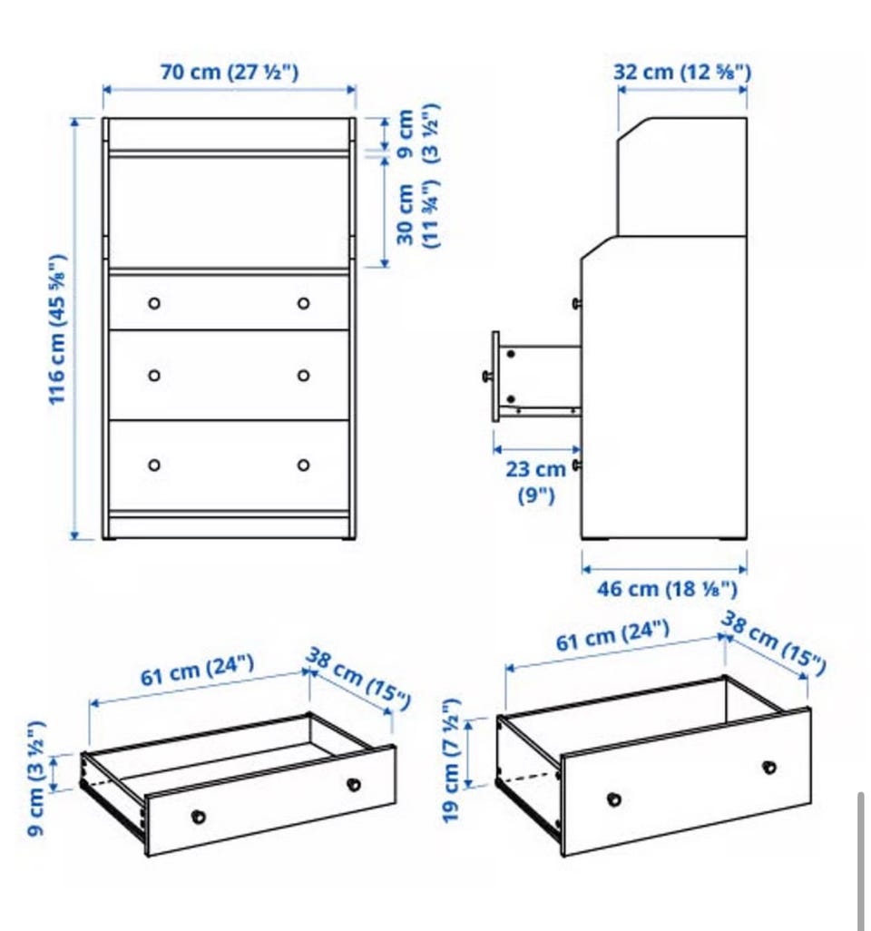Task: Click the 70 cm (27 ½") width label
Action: [230, 72]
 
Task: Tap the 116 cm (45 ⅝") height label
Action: [57, 330]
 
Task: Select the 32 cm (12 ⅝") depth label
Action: [682, 72]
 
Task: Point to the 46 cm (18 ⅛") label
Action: [667, 589]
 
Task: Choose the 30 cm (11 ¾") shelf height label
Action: [418, 214]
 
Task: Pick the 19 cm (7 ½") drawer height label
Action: [451, 760]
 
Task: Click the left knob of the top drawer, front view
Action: [154, 303]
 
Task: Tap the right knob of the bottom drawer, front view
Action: [303, 465]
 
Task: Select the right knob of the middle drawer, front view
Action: [303, 376]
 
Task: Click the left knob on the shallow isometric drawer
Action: [199, 817]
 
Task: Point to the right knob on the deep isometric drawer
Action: [769, 767]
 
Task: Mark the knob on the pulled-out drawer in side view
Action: [487, 376]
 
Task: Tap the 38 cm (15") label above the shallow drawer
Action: [358, 680]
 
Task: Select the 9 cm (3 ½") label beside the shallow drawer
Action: [35, 779]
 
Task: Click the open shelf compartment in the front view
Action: [230, 212]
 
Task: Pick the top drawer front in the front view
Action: [230, 302]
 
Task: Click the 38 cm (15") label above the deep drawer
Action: [774, 644]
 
